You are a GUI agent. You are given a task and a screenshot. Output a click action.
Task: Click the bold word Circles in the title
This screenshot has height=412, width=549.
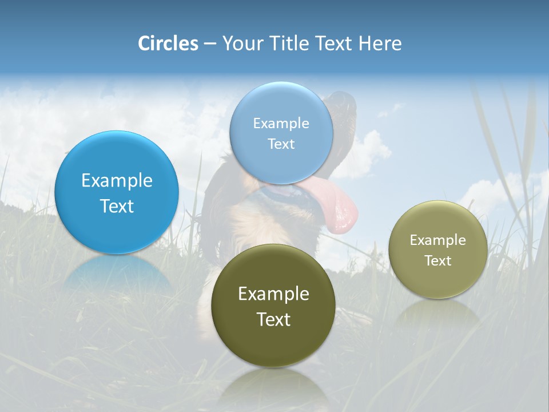[168, 43]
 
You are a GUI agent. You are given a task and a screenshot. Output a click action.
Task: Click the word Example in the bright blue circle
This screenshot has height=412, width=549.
[117, 181]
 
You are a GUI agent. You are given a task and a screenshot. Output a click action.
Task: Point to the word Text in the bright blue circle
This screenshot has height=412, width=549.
[117, 206]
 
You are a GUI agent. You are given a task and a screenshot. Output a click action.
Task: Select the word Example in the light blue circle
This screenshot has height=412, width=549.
[281, 124]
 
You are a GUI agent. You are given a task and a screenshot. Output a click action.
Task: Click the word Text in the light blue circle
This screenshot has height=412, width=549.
[281, 144]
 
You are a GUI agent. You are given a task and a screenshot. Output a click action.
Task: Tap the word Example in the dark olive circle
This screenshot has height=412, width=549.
[273, 294]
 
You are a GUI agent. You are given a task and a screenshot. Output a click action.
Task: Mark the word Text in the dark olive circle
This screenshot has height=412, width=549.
[273, 319]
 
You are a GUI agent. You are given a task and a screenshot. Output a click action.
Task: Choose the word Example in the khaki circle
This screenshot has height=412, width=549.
[438, 240]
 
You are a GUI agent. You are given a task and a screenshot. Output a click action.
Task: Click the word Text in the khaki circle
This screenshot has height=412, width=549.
[438, 261]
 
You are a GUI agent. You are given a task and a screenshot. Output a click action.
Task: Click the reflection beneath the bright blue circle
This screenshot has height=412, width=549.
[117, 275]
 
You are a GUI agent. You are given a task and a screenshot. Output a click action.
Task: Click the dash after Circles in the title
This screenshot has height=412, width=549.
[210, 44]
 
